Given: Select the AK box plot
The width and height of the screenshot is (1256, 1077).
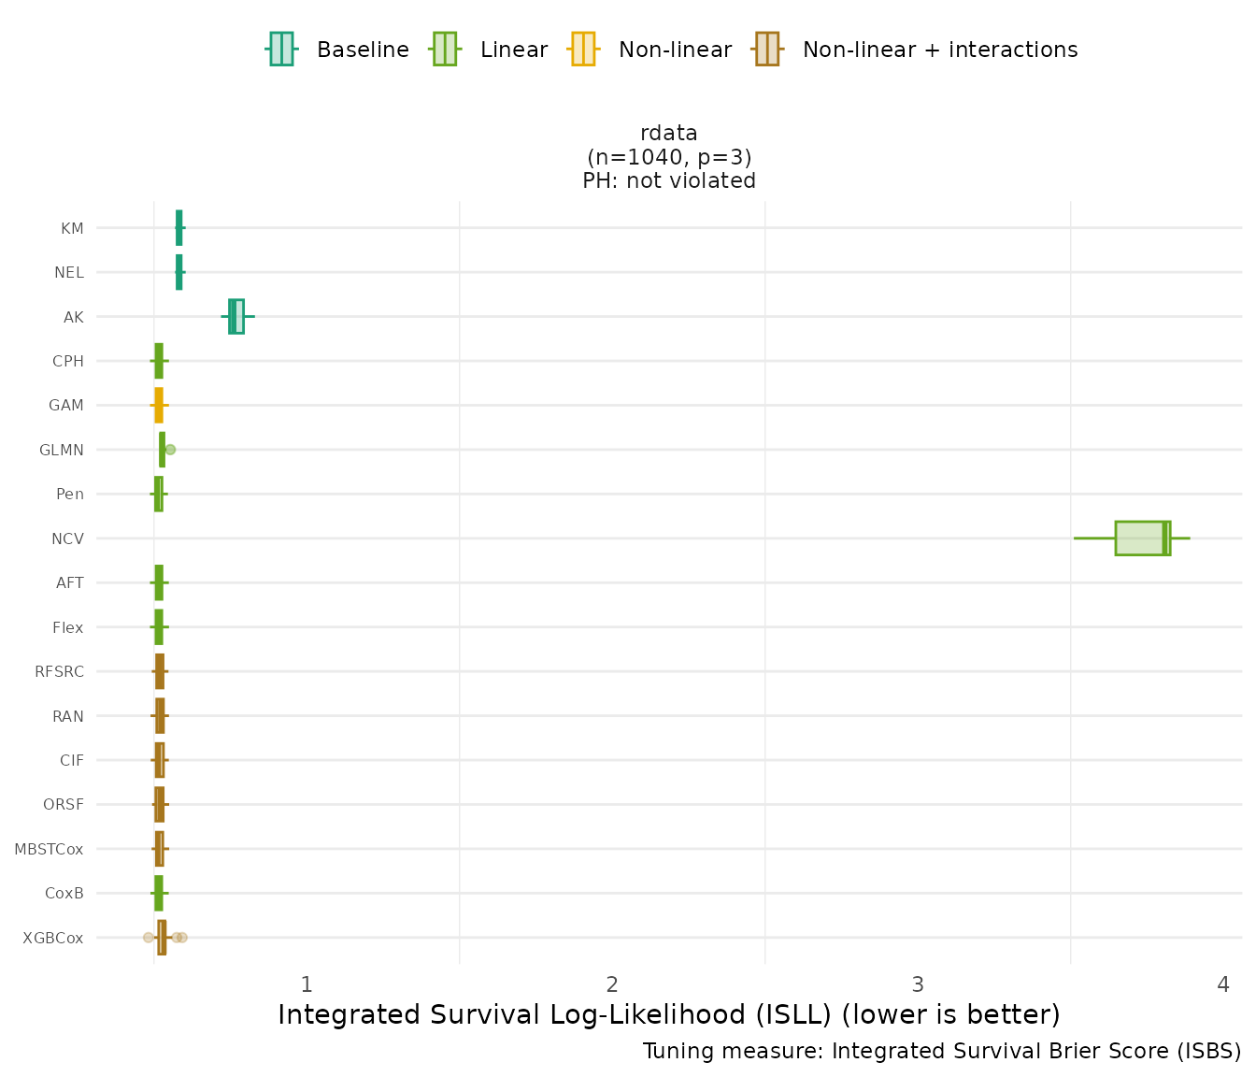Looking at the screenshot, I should click(236, 317).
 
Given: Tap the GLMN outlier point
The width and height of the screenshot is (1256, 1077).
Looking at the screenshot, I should click(170, 450).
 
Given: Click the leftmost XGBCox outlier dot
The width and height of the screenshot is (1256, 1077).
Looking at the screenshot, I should click(148, 937).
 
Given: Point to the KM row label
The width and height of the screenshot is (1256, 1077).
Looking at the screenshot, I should click(72, 228).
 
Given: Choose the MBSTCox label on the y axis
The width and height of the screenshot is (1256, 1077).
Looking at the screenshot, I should click(49, 849).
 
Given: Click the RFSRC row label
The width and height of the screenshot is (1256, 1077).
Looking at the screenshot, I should click(59, 671).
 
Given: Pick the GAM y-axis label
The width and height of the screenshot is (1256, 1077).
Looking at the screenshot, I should click(65, 406).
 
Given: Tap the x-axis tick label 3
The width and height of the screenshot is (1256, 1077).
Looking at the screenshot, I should click(918, 984).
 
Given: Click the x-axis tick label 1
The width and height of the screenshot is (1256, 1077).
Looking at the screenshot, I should click(306, 984).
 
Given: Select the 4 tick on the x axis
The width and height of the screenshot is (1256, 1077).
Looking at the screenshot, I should click(1223, 984).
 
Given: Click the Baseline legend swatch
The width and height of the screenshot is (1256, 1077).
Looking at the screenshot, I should click(281, 49).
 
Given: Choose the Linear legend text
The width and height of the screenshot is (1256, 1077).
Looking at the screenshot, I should click(513, 50).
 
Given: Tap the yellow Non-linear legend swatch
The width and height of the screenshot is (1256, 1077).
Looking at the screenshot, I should click(582, 49).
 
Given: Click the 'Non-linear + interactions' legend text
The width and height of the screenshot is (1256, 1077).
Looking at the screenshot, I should click(939, 50).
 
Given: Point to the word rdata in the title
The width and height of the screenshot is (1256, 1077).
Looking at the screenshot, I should click(669, 133).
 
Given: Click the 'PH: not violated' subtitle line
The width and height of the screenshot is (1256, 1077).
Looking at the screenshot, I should click(669, 180).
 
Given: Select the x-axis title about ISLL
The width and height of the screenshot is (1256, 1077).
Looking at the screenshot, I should click(669, 1014).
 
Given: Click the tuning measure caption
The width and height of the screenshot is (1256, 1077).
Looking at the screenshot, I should click(941, 1051).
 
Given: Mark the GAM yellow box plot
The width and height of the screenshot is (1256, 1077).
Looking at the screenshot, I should click(159, 406).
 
